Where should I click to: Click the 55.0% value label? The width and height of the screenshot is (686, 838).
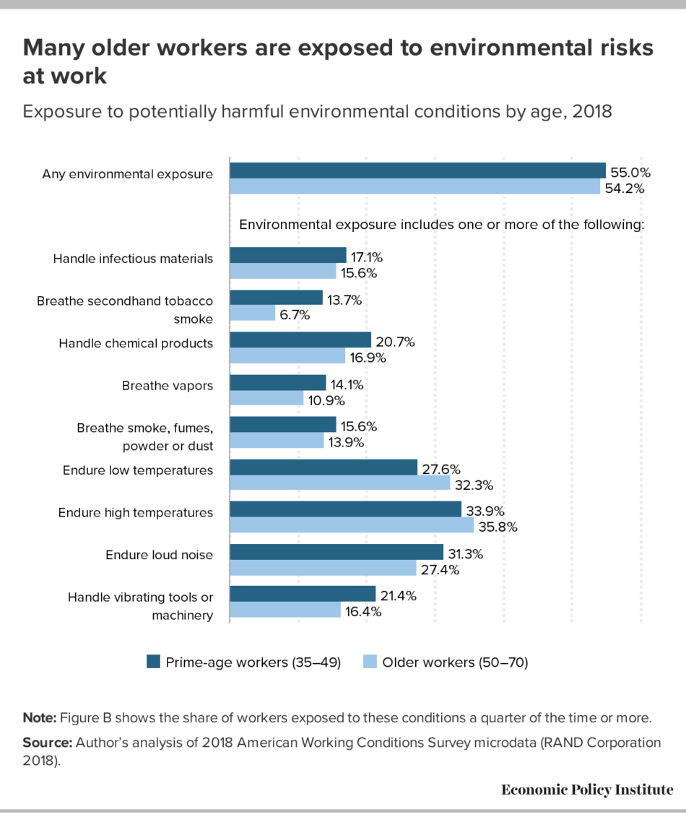630,173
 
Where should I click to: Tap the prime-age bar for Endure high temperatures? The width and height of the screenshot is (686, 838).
345,509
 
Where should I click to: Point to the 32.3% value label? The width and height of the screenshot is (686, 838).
473,484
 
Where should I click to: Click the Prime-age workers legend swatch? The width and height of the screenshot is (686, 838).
153,662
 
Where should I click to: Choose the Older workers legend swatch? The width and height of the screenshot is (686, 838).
369,662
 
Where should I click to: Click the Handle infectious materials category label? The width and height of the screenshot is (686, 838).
133,259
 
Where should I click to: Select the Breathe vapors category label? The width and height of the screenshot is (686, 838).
168,385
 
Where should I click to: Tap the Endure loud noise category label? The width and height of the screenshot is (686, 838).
159,555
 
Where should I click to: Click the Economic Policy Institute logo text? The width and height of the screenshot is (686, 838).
587,790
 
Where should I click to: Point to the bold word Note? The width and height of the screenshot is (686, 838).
40,717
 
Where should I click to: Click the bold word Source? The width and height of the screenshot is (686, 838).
47,743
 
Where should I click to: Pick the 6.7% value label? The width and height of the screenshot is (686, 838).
295,315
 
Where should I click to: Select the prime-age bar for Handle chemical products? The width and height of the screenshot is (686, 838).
300,340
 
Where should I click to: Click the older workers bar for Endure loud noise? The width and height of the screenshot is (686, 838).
324,569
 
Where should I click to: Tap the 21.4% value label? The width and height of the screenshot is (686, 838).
399,596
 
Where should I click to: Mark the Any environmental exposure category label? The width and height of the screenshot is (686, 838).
128,173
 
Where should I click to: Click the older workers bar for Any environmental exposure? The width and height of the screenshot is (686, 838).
414,187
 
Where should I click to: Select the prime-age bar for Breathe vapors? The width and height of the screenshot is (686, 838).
278,382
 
